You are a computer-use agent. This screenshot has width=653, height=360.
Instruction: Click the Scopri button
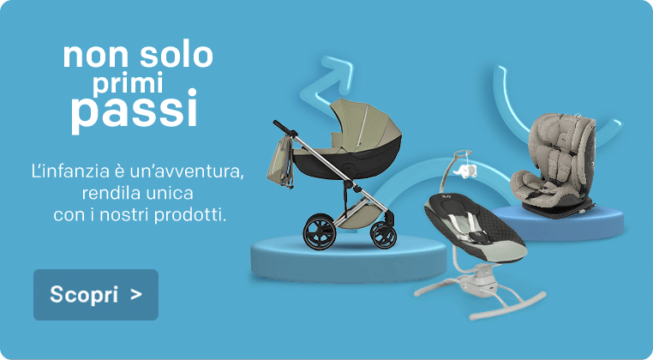96,295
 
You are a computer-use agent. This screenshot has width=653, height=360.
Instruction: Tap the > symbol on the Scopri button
135,295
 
